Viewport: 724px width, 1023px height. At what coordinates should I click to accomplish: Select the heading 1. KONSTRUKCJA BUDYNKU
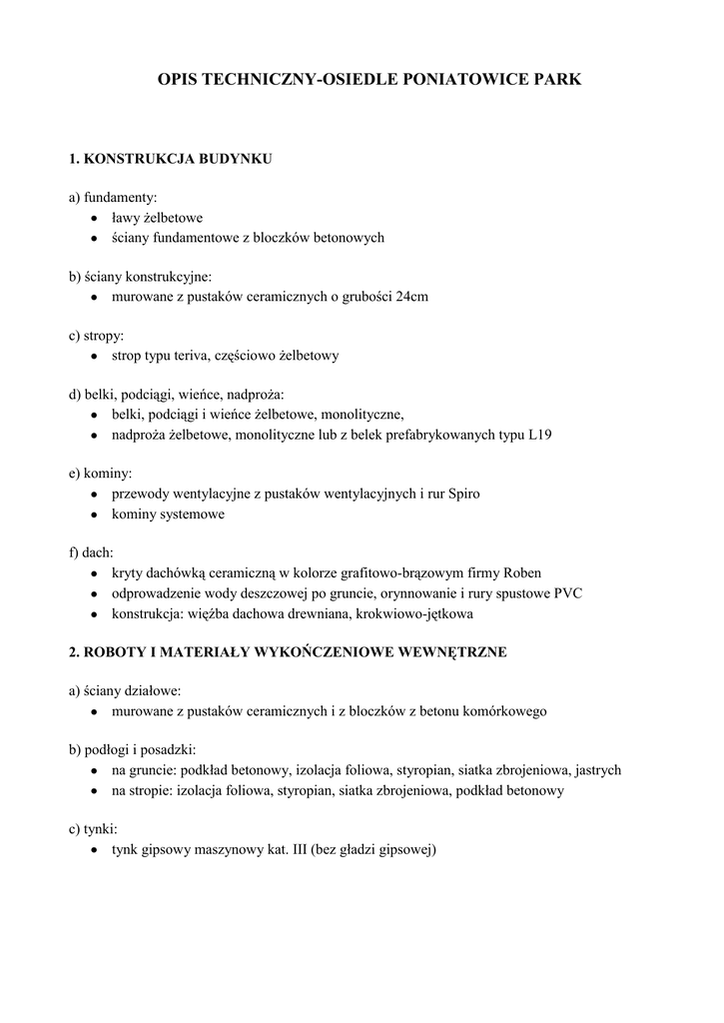tap(171, 159)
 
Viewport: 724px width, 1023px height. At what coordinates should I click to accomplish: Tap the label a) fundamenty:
tap(113, 197)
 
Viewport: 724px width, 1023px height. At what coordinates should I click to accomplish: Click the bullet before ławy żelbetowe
tap(93, 218)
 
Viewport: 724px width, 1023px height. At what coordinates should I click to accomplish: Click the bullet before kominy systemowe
tap(93, 514)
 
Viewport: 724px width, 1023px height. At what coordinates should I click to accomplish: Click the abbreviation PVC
tap(568, 592)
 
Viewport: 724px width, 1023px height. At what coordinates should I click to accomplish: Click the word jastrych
tap(598, 770)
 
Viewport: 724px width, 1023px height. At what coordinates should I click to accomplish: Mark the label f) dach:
tap(91, 552)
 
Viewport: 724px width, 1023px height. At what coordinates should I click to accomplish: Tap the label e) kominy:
tap(100, 474)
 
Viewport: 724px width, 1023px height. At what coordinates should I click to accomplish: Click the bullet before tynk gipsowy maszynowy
tap(93, 850)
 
